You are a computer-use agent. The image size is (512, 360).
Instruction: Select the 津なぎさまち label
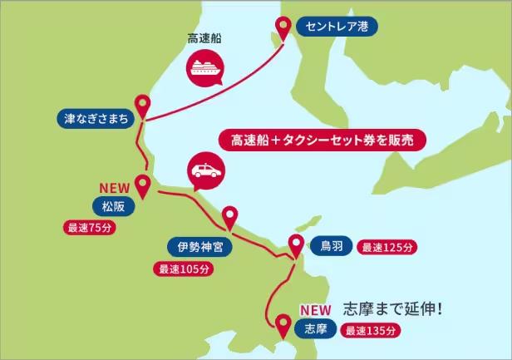point(96,119)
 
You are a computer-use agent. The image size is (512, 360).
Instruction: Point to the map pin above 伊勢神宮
point(229,218)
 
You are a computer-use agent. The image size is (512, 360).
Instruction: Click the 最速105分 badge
point(185,269)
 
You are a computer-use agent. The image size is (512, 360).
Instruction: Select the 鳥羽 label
point(331,246)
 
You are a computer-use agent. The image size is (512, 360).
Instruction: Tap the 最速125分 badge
point(386,247)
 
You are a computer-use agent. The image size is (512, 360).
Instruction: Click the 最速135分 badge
point(372,330)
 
